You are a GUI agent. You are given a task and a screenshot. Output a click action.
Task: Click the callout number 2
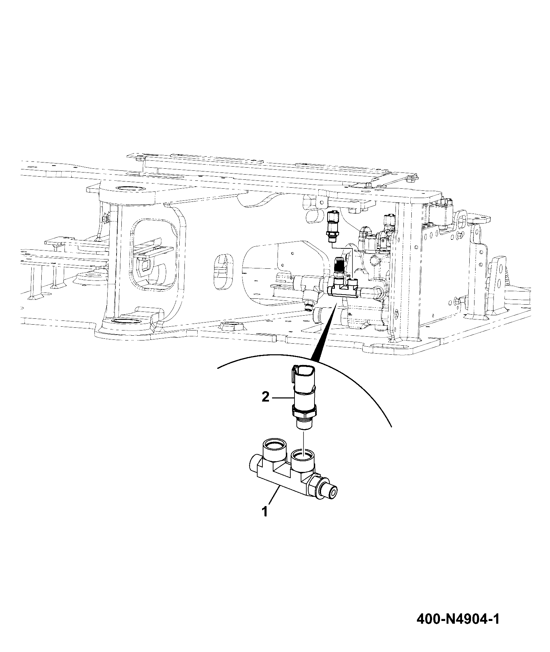(x=265, y=398)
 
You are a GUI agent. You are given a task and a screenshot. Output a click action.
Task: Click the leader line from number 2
(x=282, y=398)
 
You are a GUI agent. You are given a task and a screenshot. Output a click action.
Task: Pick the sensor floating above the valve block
(x=332, y=224)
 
